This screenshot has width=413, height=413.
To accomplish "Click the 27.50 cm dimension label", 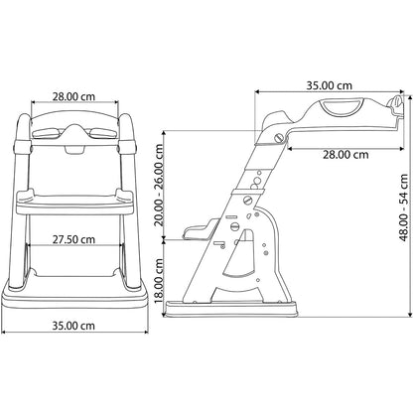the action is (73, 239).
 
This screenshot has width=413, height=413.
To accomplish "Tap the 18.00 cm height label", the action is (160, 281).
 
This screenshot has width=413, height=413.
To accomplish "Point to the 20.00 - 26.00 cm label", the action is (160, 186).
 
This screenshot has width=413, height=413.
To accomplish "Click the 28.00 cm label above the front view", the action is (73, 96).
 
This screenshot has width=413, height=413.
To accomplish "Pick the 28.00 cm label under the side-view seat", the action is (345, 155).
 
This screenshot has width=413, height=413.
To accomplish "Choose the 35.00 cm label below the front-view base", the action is (73, 326).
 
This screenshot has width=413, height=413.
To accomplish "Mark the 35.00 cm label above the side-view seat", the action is (329, 85).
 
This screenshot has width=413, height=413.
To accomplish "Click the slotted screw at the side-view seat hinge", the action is (280, 138).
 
